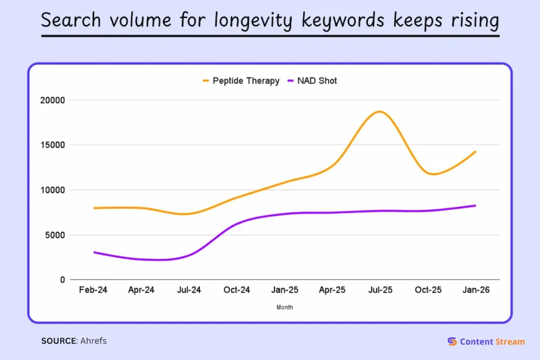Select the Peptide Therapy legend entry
point(240,81)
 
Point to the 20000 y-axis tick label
point(52,100)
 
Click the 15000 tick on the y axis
point(52,145)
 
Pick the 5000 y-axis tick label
point(54,235)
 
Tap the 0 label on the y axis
point(62,280)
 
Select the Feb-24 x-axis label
point(93,290)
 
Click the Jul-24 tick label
point(189,290)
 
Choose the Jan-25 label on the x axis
point(285,290)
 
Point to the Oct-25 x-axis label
point(428,290)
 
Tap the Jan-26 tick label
point(476,290)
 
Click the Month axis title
point(285,307)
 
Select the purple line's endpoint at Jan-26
point(476,206)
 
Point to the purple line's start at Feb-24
point(94,252)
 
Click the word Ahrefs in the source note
point(93,341)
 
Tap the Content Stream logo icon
point(452,342)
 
